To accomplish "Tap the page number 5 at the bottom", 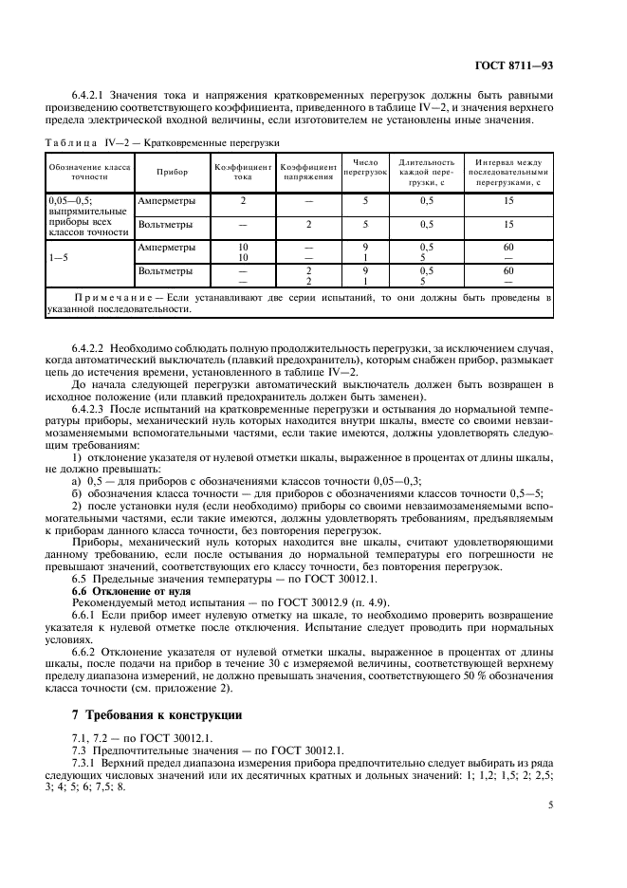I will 551,805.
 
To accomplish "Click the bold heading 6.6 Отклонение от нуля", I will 128,590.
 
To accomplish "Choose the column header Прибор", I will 174,172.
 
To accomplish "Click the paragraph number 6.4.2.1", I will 88,96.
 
